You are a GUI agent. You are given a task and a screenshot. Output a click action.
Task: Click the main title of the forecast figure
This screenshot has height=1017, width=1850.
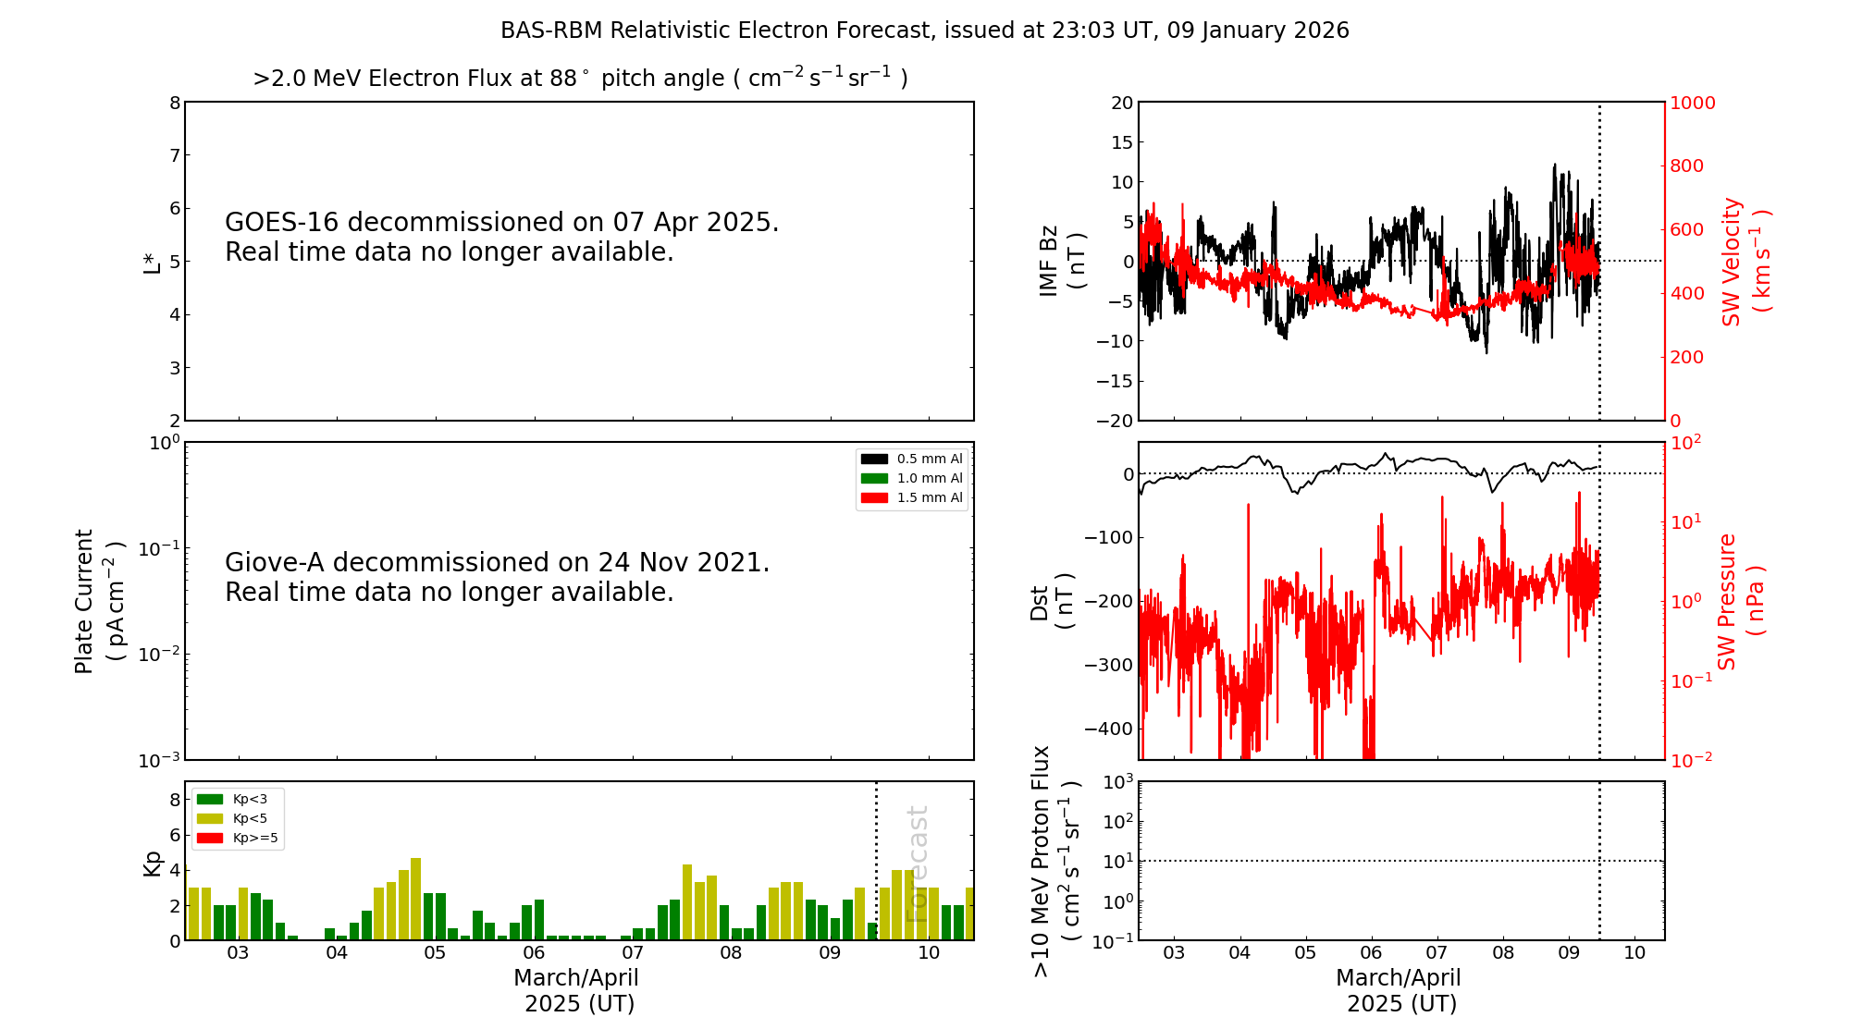point(924,31)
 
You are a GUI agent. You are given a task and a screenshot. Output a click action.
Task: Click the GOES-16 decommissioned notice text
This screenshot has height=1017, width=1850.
point(501,237)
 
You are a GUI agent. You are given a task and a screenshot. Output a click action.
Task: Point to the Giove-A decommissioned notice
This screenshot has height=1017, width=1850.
point(497,577)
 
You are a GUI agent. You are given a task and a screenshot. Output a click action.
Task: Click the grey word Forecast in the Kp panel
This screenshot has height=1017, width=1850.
point(917,864)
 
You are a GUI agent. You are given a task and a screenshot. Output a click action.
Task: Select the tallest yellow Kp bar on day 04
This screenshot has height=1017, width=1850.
point(416,899)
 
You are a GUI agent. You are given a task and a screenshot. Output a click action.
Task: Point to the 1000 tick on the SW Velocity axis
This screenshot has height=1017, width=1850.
point(1692,103)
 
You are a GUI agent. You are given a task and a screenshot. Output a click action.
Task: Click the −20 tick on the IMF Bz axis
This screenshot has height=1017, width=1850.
point(1115,421)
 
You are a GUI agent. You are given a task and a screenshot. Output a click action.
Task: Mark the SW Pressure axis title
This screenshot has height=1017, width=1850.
point(1740,602)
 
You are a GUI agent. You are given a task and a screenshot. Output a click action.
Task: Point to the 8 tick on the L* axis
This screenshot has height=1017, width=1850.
point(175,103)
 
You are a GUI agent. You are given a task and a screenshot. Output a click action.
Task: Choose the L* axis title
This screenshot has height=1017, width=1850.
point(152,262)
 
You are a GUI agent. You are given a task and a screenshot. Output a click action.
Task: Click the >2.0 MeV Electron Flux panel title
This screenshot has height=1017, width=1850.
point(580,78)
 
